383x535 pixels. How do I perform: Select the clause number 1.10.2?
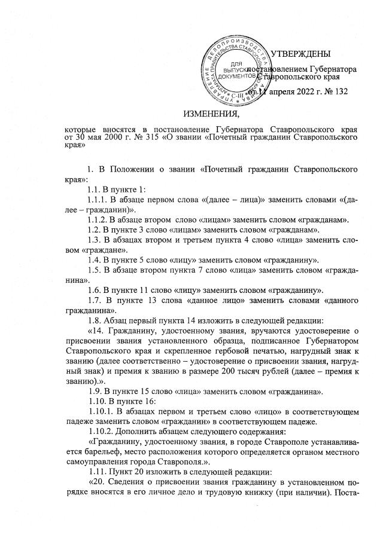[102, 433]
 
